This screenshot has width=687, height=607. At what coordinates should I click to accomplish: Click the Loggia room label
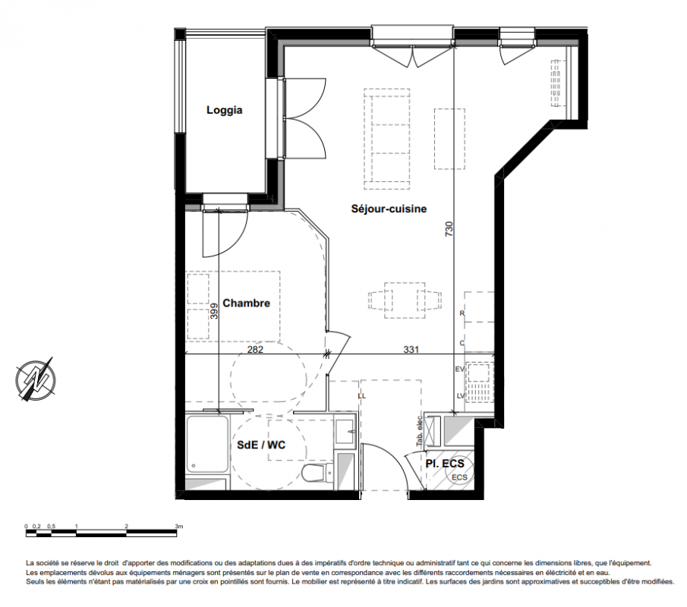[225, 110]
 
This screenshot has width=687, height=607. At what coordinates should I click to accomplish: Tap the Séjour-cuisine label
[389, 209]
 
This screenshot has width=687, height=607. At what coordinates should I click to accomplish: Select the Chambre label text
[246, 303]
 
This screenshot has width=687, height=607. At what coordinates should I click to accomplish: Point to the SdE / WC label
[261, 445]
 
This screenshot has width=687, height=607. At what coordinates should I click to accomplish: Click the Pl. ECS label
[445, 464]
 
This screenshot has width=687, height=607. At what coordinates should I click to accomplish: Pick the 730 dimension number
[449, 229]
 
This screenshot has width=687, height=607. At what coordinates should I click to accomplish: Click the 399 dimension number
[214, 311]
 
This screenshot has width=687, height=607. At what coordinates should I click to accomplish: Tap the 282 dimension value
[255, 350]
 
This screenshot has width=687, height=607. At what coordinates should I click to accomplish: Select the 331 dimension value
[411, 350]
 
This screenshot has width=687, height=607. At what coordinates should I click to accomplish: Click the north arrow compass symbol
[35, 379]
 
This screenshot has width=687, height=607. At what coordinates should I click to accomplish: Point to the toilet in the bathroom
[314, 473]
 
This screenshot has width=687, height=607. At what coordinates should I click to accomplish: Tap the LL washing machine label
[362, 396]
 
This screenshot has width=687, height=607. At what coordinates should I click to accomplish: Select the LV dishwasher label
[461, 396]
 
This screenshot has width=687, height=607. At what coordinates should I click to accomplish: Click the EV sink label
[459, 370]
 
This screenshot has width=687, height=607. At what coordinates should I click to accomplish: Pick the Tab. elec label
[420, 430]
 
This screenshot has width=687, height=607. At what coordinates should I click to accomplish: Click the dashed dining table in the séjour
[405, 300]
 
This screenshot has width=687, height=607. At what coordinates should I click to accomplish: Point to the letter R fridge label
[462, 313]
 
